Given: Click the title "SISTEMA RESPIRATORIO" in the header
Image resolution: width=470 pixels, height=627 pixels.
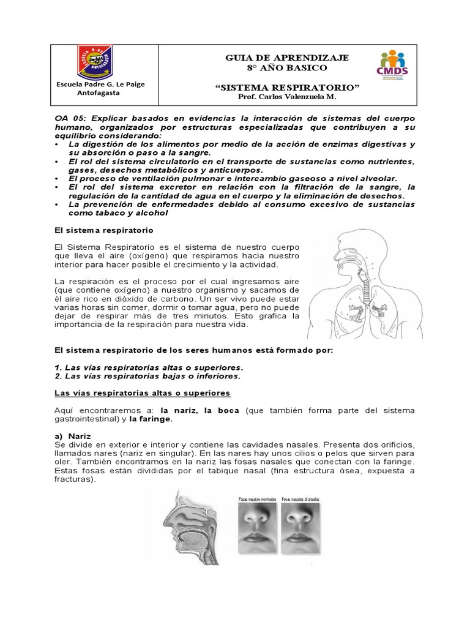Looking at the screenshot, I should [x=287, y=88].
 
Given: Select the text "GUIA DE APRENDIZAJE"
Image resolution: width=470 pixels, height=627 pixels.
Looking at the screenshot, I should [x=287, y=58].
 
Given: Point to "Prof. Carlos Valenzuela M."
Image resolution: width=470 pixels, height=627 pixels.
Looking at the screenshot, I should [x=287, y=98].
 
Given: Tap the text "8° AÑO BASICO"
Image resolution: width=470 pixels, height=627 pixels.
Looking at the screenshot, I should [x=287, y=67].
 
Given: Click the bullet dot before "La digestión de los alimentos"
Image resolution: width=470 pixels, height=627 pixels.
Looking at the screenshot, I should [x=56, y=144].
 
